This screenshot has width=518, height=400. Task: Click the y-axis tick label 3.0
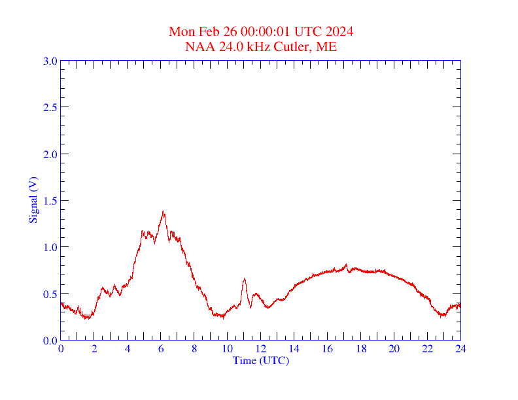tap(50, 61)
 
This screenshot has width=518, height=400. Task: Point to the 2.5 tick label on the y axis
tap(50, 107)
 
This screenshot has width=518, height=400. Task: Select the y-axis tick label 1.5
tap(50, 201)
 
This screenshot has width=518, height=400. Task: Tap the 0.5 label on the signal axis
tap(50, 294)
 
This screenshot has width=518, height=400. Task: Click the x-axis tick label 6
tap(161, 349)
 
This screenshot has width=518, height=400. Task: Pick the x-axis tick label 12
tap(261, 349)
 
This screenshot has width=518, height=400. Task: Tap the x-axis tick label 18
tap(361, 349)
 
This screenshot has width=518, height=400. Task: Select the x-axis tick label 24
tap(460, 349)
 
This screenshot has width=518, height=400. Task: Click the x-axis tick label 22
tap(427, 349)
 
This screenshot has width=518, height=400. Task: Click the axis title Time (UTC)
tap(261, 360)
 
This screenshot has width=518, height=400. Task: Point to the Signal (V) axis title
tap(33, 200)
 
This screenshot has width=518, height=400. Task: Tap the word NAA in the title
tap(198, 46)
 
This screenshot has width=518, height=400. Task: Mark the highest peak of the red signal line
tap(163, 212)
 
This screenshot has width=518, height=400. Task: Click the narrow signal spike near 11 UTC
tap(244, 279)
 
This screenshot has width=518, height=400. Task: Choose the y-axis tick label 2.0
tap(50, 154)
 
